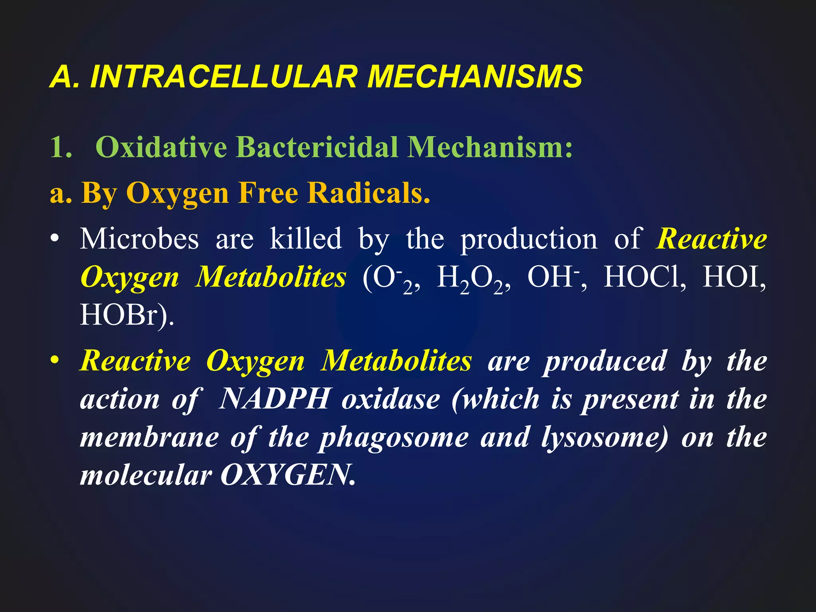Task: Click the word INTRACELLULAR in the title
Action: [x=223, y=76]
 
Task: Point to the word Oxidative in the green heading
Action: [x=161, y=147]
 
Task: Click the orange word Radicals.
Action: [x=369, y=193]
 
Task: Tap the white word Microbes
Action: [x=139, y=239]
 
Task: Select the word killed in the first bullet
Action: [x=306, y=239]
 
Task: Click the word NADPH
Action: [x=275, y=399]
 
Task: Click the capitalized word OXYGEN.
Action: [x=287, y=475]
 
